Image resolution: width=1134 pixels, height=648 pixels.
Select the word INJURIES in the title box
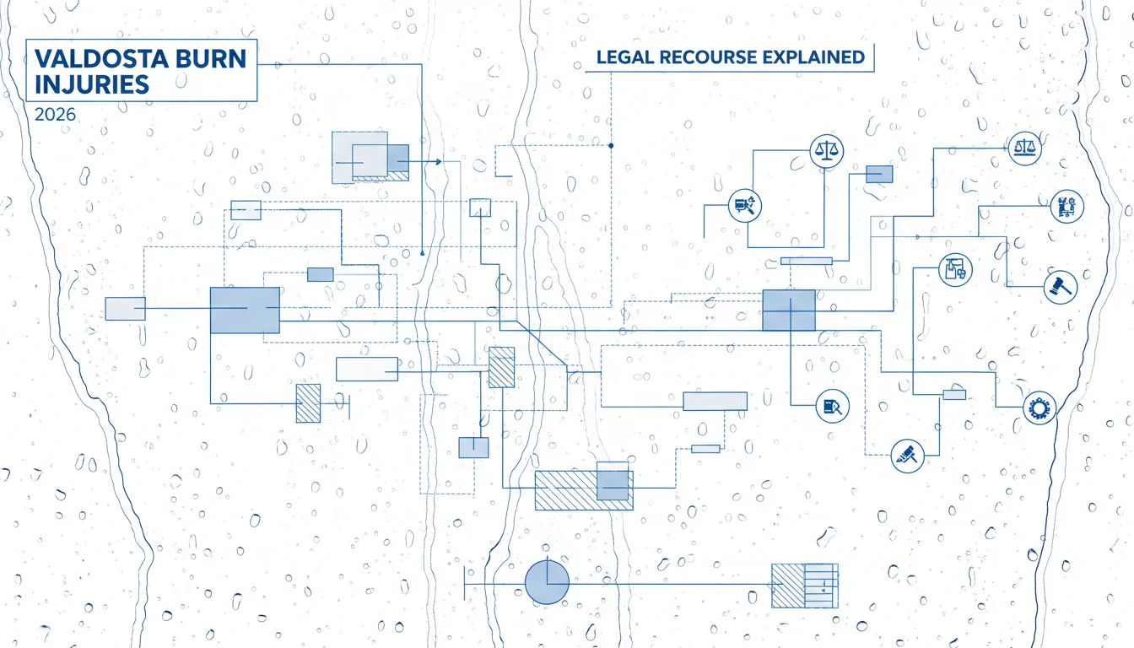(92, 84)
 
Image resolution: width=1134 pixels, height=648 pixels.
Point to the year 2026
(55, 115)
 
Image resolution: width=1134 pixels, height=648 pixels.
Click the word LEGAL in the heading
(624, 57)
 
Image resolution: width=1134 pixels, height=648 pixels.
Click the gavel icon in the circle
(1060, 287)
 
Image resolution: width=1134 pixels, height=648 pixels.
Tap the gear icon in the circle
(1039, 408)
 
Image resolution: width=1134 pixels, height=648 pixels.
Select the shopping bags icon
(955, 270)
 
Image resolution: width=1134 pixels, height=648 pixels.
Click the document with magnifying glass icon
(832, 406)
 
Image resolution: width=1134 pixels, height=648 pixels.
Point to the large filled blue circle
(547, 582)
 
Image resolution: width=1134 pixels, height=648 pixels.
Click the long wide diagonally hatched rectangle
(584, 490)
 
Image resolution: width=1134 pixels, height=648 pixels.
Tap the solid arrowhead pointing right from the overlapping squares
(439, 161)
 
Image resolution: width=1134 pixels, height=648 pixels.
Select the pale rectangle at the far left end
(125, 309)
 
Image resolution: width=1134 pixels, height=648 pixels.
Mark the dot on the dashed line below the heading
(611, 146)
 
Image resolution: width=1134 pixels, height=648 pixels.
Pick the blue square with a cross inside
(789, 310)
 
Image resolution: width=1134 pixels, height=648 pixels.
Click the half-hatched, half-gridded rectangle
(804, 586)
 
